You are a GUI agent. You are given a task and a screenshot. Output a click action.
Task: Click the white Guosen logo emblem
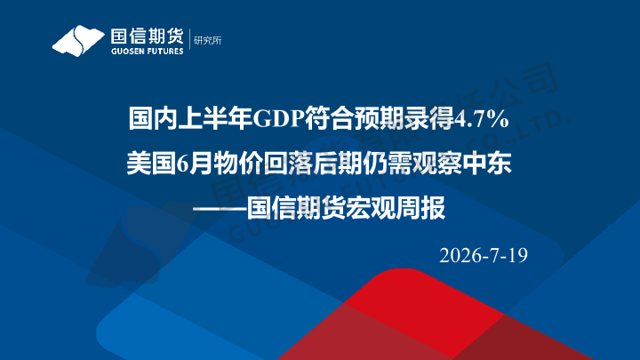pos(77,40)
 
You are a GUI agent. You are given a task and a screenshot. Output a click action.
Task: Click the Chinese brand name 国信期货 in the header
pos(147,36)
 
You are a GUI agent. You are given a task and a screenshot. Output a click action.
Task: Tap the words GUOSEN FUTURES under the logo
pos(147,52)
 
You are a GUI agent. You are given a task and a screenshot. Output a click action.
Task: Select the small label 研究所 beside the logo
pos(208,40)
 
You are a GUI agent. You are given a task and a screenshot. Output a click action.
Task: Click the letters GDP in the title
pos(279,119)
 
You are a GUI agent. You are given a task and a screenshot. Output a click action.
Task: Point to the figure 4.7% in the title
pos(482,119)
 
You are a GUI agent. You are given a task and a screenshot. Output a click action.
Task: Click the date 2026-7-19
pos(484,255)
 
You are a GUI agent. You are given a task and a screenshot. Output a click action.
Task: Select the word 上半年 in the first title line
pos(215,119)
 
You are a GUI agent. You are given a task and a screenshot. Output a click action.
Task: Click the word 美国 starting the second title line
pos(151,164)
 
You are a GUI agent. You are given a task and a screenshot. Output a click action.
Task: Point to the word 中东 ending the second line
pos(487,164)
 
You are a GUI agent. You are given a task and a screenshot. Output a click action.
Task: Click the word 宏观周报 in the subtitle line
pos(396,208)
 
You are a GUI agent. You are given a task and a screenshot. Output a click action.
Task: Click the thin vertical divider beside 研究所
pos(189,40)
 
